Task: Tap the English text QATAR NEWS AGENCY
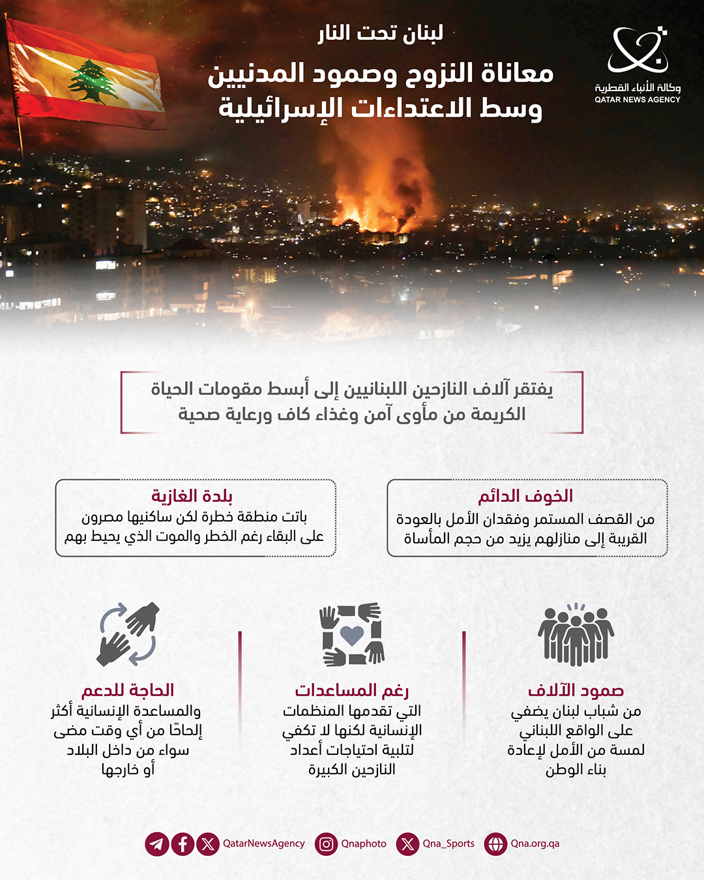[637, 100]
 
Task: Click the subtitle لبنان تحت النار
[381, 33]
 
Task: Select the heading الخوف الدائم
[525, 497]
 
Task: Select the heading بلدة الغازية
[192, 497]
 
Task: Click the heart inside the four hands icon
[352, 635]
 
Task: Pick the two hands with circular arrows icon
[128, 634]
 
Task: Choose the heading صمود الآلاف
[576, 690]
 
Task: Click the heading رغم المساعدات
[352, 690]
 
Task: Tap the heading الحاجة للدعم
[128, 690]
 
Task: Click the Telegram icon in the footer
[157, 844]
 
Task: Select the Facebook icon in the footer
[183, 844]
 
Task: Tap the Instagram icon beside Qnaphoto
[326, 844]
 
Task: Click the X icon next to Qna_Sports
[407, 844]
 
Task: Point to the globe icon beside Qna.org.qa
[495, 844]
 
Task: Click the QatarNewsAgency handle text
[263, 843]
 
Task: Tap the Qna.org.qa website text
[535, 843]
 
